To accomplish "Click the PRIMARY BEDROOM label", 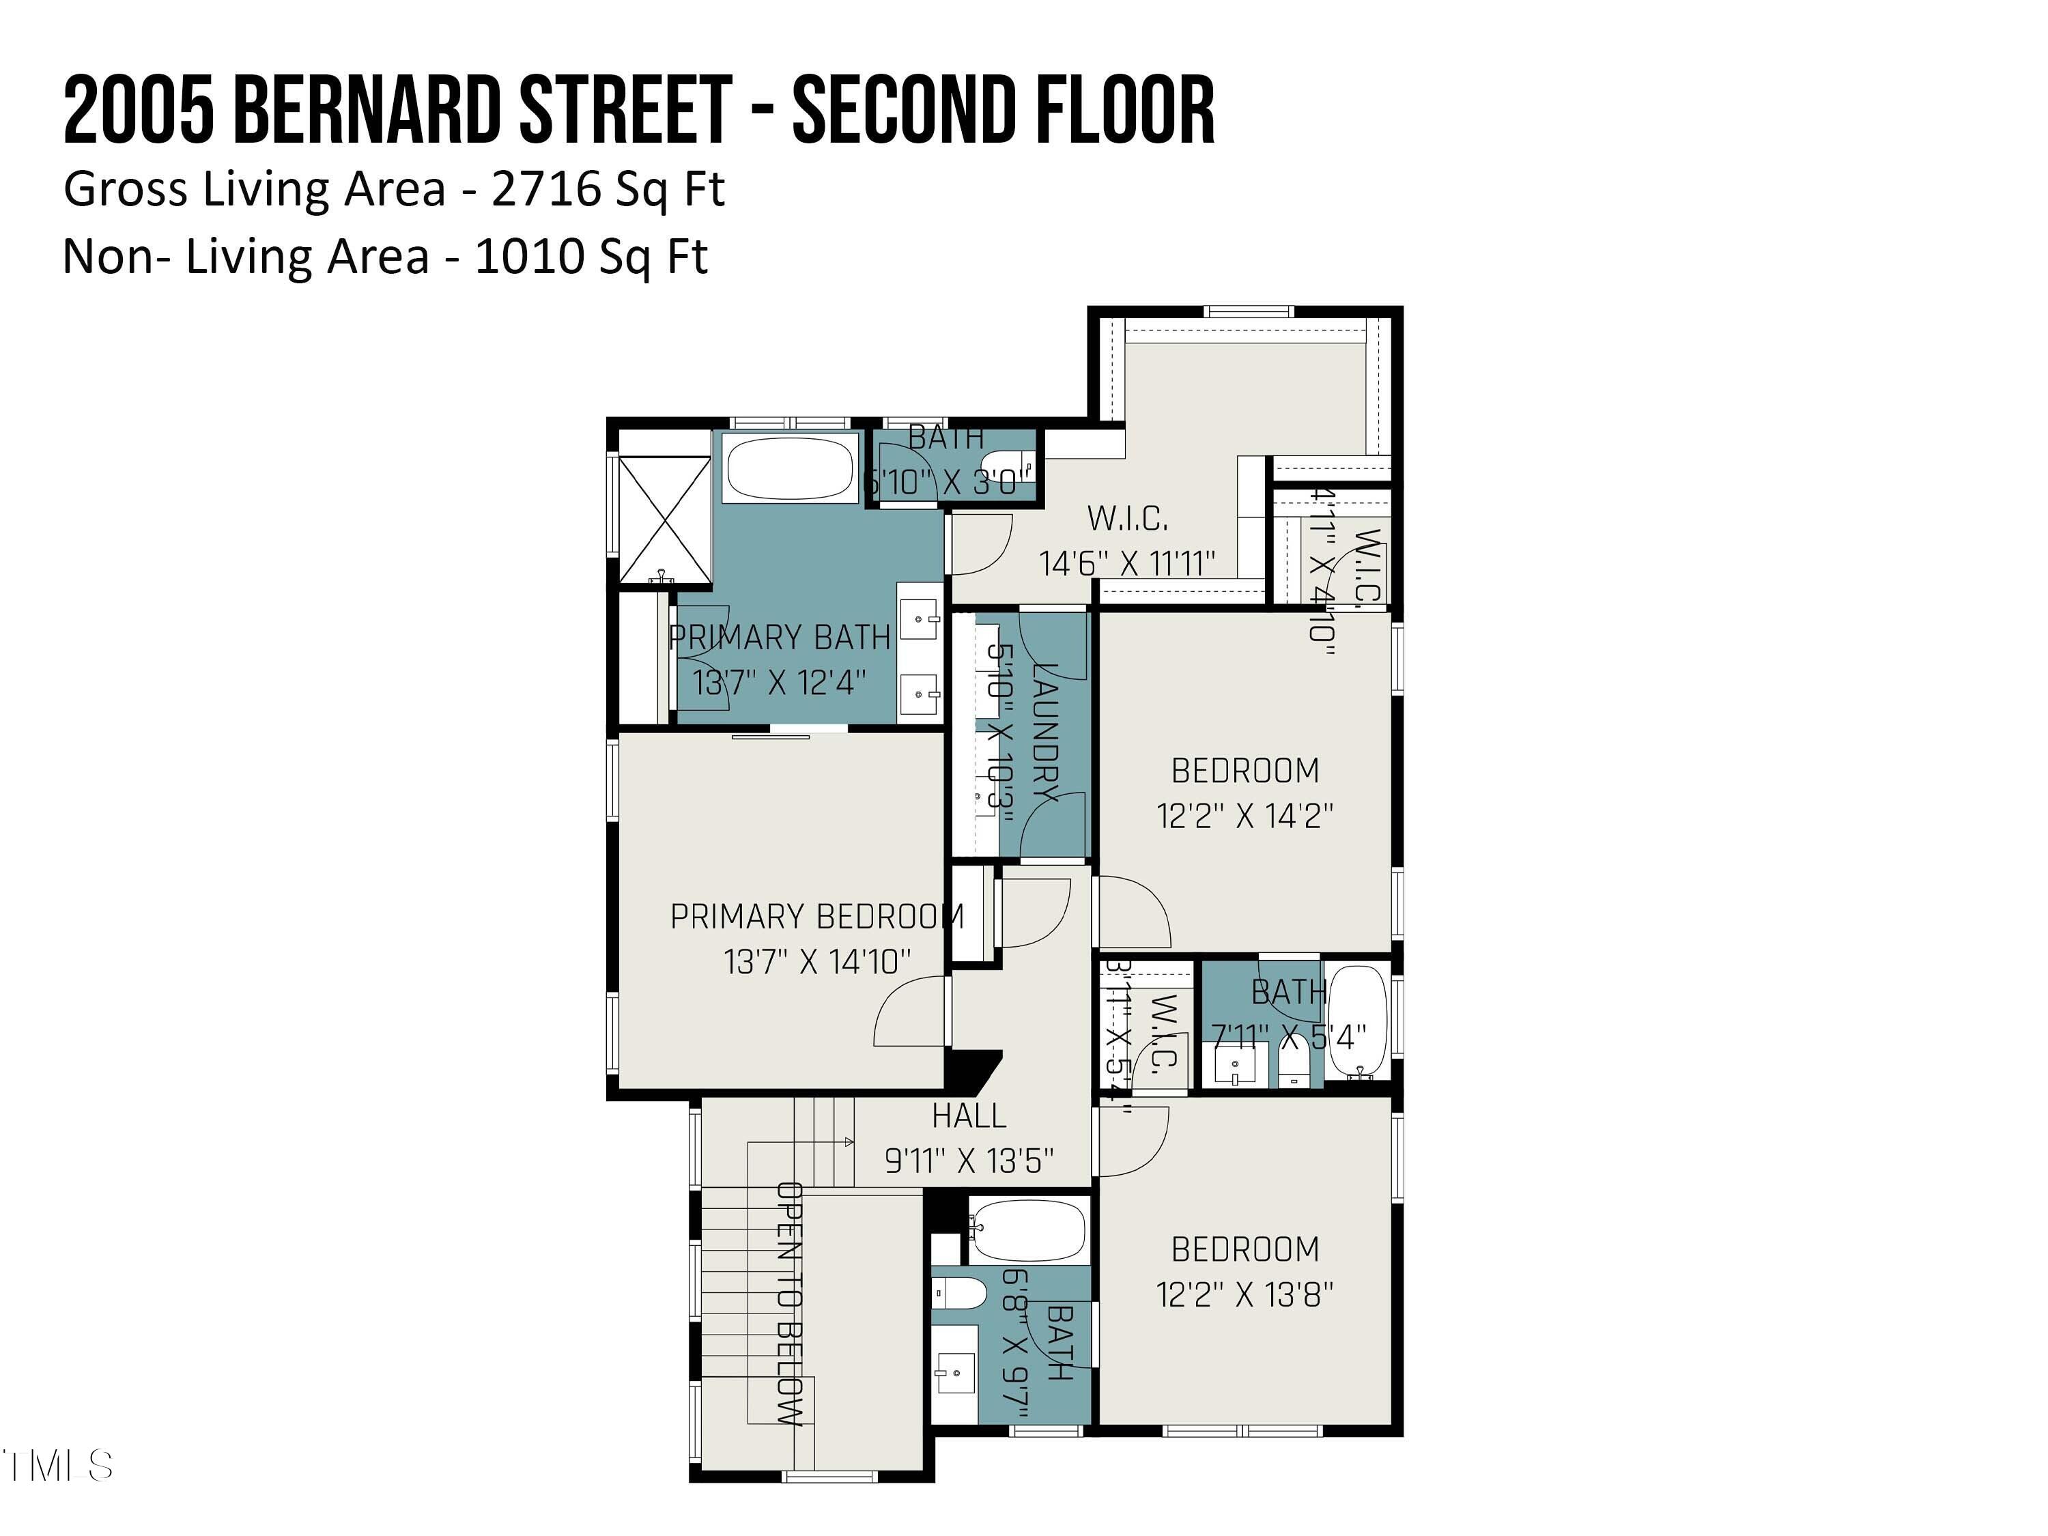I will [x=816, y=917].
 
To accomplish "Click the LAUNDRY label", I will [x=1044, y=731].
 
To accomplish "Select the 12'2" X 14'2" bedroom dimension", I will [x=1245, y=816].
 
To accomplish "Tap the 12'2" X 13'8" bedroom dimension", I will [x=1245, y=1294].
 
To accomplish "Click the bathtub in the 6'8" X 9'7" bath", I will [x=1027, y=1232].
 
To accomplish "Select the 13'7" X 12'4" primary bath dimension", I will [x=780, y=683].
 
